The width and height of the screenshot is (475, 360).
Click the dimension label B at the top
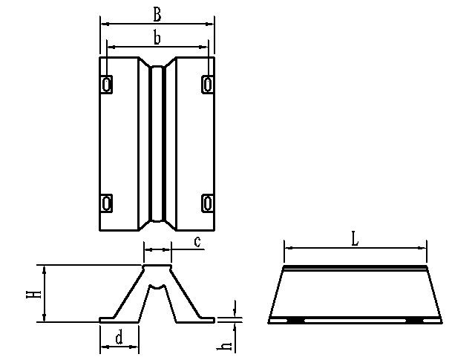[156, 13]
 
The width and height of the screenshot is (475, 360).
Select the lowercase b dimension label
[157, 37]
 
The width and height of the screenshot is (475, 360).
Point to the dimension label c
[197, 241]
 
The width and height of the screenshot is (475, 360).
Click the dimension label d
[119, 338]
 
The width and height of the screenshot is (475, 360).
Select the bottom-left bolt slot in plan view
[108, 202]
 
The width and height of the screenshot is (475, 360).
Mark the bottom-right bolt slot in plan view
[207, 202]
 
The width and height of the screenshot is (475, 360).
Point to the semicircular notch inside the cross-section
[157, 285]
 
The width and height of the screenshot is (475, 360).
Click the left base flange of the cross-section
[111, 319]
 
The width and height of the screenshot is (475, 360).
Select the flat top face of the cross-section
[157, 265]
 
